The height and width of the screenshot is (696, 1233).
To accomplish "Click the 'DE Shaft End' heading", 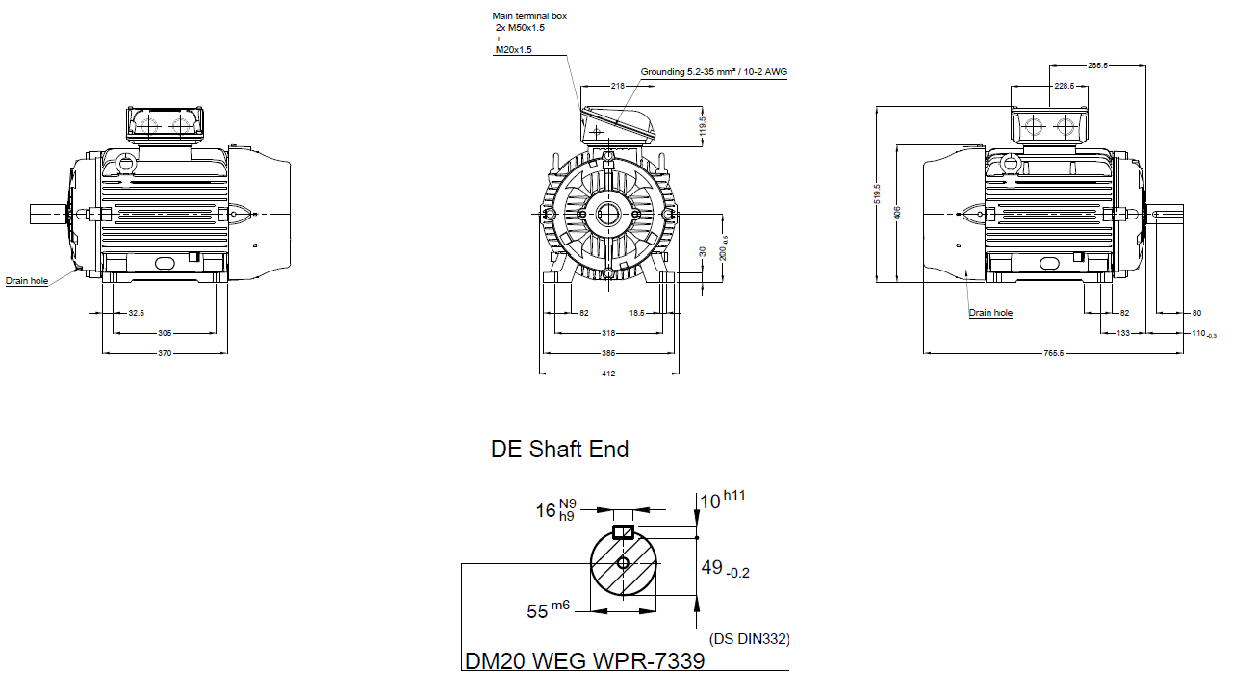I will (x=559, y=450).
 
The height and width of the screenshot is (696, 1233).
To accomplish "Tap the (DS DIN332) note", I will (x=749, y=638).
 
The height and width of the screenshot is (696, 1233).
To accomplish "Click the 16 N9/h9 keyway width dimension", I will (x=555, y=510).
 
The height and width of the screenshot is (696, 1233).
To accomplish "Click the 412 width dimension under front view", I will (x=608, y=374).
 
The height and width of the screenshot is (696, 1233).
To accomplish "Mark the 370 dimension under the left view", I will (x=165, y=353).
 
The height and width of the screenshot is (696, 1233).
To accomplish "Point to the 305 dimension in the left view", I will (x=165, y=333).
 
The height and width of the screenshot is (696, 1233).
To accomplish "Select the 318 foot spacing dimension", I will (x=608, y=333).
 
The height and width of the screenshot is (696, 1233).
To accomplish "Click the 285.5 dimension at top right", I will (x=1097, y=66).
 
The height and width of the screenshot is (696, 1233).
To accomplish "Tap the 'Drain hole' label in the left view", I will (x=27, y=281).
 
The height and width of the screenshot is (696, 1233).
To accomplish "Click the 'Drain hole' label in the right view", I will (x=990, y=313).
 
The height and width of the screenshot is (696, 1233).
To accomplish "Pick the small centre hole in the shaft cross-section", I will (x=623, y=562).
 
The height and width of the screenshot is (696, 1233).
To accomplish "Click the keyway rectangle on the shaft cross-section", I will (x=623, y=531).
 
